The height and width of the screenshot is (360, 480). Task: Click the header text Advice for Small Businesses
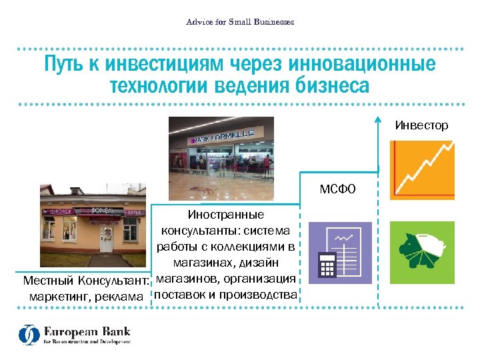[x=240, y=22]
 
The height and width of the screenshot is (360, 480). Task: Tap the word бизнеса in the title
[x=332, y=86]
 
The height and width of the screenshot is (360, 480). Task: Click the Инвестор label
[x=421, y=125]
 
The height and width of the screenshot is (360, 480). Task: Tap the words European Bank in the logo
[x=87, y=331]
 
